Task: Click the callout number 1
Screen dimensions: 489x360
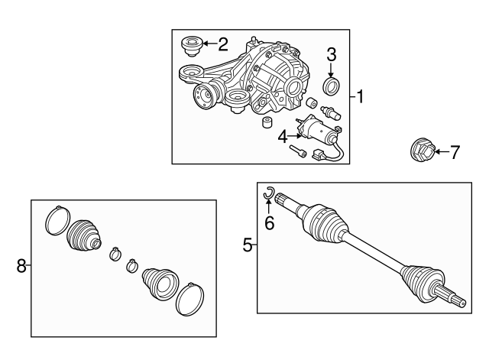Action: [x=360, y=97]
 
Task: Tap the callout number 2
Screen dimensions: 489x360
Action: [x=223, y=44]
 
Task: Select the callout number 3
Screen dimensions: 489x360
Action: [x=331, y=54]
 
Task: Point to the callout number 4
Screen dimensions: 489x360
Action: [x=283, y=137]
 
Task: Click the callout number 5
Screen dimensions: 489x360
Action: [x=248, y=245]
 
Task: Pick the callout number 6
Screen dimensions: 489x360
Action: [x=269, y=222]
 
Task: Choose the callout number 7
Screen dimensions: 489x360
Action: [x=455, y=153]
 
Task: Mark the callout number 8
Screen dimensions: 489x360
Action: [x=21, y=266]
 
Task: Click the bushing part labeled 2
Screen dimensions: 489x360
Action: [x=191, y=46]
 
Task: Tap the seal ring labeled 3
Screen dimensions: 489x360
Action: [x=330, y=86]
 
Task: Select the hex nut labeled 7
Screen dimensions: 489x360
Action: [x=422, y=151]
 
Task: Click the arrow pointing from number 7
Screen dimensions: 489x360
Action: [x=442, y=152]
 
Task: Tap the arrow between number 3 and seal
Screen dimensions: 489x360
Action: [x=331, y=70]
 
